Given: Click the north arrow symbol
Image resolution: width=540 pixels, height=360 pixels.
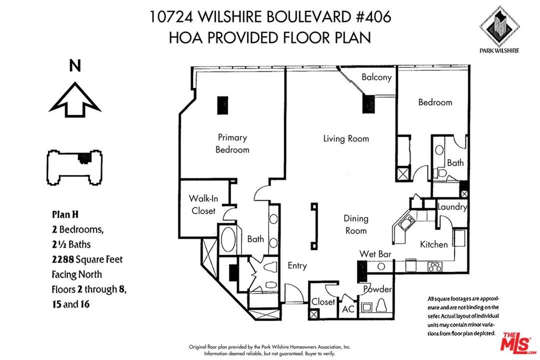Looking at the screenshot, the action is (75, 100).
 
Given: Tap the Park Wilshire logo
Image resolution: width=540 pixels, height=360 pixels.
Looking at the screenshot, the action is (499, 30).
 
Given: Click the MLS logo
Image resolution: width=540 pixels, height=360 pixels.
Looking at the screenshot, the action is (518, 341).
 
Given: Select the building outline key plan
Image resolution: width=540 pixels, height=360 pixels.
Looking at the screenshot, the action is (74, 168).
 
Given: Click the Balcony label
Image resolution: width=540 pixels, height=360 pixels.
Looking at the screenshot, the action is (377, 77).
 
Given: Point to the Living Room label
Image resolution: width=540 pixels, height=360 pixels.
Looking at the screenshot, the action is (346, 139).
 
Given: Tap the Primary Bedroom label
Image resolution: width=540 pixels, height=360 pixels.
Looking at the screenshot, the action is (233, 143).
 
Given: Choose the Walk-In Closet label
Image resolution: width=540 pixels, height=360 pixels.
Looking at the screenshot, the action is (203, 205).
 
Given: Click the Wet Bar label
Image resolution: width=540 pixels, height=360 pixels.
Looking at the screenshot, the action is (375, 254).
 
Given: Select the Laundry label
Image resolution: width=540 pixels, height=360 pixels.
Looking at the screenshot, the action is (452, 207).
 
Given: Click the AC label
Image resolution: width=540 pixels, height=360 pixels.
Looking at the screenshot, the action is (348, 309).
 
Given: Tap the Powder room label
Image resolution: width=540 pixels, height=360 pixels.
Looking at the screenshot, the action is (378, 289).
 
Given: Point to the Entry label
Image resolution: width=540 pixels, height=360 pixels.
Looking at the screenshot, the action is (297, 266).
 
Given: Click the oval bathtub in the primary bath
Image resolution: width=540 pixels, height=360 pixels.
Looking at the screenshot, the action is (227, 239).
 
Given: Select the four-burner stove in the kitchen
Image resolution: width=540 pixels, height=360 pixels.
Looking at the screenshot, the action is (435, 266).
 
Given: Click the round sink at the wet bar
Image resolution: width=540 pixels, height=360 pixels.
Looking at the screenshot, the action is (381, 266).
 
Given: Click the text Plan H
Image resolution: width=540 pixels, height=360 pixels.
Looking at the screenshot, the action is (65, 215).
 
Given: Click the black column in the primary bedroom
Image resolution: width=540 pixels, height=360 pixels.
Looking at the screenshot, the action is (223, 105).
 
